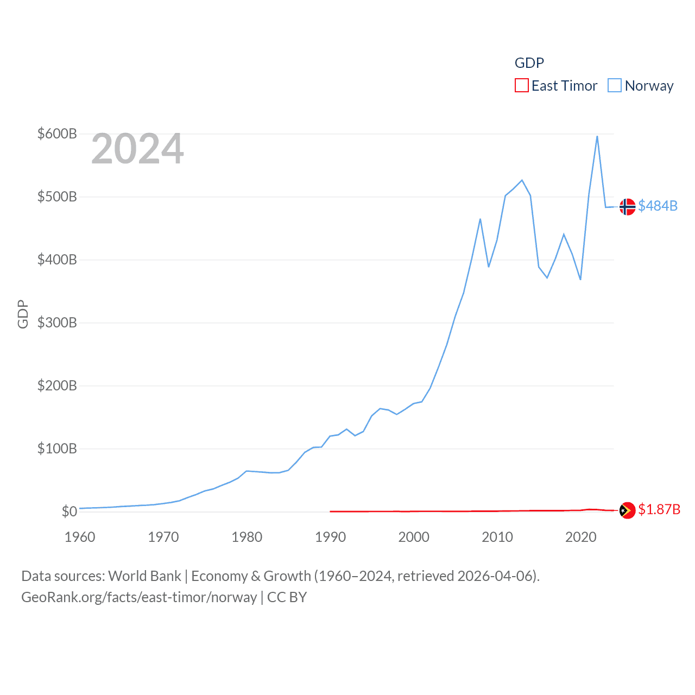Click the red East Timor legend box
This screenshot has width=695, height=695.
click(x=522, y=86)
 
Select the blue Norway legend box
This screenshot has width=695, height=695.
click(x=615, y=86)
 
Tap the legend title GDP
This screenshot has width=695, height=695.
click(x=529, y=63)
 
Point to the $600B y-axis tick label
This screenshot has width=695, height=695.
click(x=57, y=134)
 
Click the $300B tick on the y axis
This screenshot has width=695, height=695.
click(x=57, y=323)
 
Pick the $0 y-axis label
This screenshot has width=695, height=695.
click(x=69, y=511)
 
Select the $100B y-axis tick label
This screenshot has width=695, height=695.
click(x=57, y=448)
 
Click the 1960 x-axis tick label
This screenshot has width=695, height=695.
click(x=80, y=537)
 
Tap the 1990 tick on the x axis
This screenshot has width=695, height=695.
click(x=330, y=537)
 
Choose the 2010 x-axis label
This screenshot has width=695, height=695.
click(x=497, y=537)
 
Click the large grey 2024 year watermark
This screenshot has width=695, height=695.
click(x=137, y=149)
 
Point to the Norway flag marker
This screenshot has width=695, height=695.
click(x=627, y=206)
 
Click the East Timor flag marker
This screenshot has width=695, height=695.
click(x=627, y=510)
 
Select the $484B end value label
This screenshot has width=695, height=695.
click(x=658, y=206)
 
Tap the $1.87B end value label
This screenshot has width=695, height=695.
click(x=659, y=509)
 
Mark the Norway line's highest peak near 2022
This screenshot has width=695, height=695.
click(x=597, y=136)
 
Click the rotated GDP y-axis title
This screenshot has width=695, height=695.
click(x=23, y=314)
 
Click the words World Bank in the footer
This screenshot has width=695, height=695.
click(x=145, y=576)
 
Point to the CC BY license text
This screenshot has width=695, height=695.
click(x=287, y=597)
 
